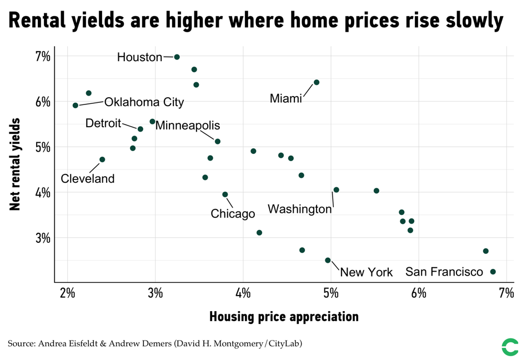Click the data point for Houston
(177, 57)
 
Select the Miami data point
(317, 82)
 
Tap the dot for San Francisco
(493, 272)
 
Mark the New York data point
(328, 260)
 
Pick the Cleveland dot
(102, 159)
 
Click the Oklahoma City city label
(144, 102)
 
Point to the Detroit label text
(103, 123)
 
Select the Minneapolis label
(187, 126)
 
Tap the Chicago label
(233, 214)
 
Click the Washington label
(299, 209)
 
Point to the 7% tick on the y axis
(43, 56)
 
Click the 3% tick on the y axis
(43, 237)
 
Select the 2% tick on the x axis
(67, 293)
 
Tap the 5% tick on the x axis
(331, 293)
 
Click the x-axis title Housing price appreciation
(284, 317)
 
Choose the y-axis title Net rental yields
(15, 164)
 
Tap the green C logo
(509, 347)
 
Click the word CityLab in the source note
(284, 344)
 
